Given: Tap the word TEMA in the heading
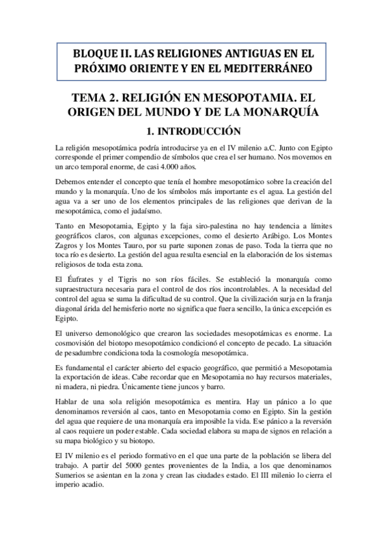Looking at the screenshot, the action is tap(99, 98).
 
